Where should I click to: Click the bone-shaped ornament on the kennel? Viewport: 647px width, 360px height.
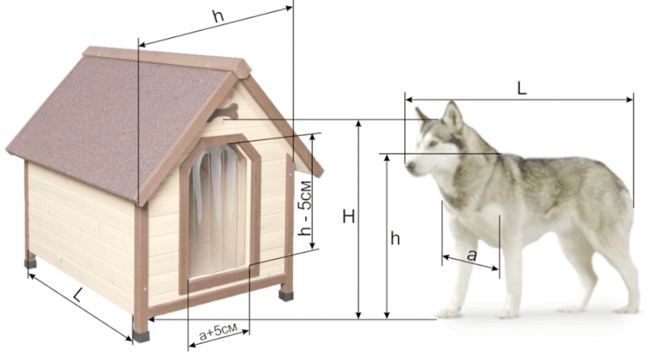click(223, 112)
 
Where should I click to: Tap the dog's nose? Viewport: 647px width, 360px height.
click(410, 166)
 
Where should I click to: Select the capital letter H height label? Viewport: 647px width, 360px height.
click(349, 216)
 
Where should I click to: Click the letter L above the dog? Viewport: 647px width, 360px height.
click(522, 88)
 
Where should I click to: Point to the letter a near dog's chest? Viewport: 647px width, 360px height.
click(472, 256)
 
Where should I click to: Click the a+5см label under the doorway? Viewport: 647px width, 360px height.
click(218, 332)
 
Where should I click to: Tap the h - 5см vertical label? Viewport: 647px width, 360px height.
click(305, 208)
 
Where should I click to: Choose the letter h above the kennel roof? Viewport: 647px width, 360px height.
click(218, 15)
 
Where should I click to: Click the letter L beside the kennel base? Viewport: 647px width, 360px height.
click(78, 294)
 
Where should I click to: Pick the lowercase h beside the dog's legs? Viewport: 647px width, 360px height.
click(395, 239)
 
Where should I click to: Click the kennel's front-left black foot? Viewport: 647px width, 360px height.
click(141, 336)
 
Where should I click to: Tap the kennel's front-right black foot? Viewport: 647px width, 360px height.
click(286, 295)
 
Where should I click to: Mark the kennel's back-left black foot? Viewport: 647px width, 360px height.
click(30, 264)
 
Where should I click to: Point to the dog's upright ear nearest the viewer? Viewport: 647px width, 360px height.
click(453, 116)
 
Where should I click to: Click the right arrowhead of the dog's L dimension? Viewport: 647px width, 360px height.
click(629, 100)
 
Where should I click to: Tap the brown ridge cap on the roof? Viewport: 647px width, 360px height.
click(167, 59)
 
